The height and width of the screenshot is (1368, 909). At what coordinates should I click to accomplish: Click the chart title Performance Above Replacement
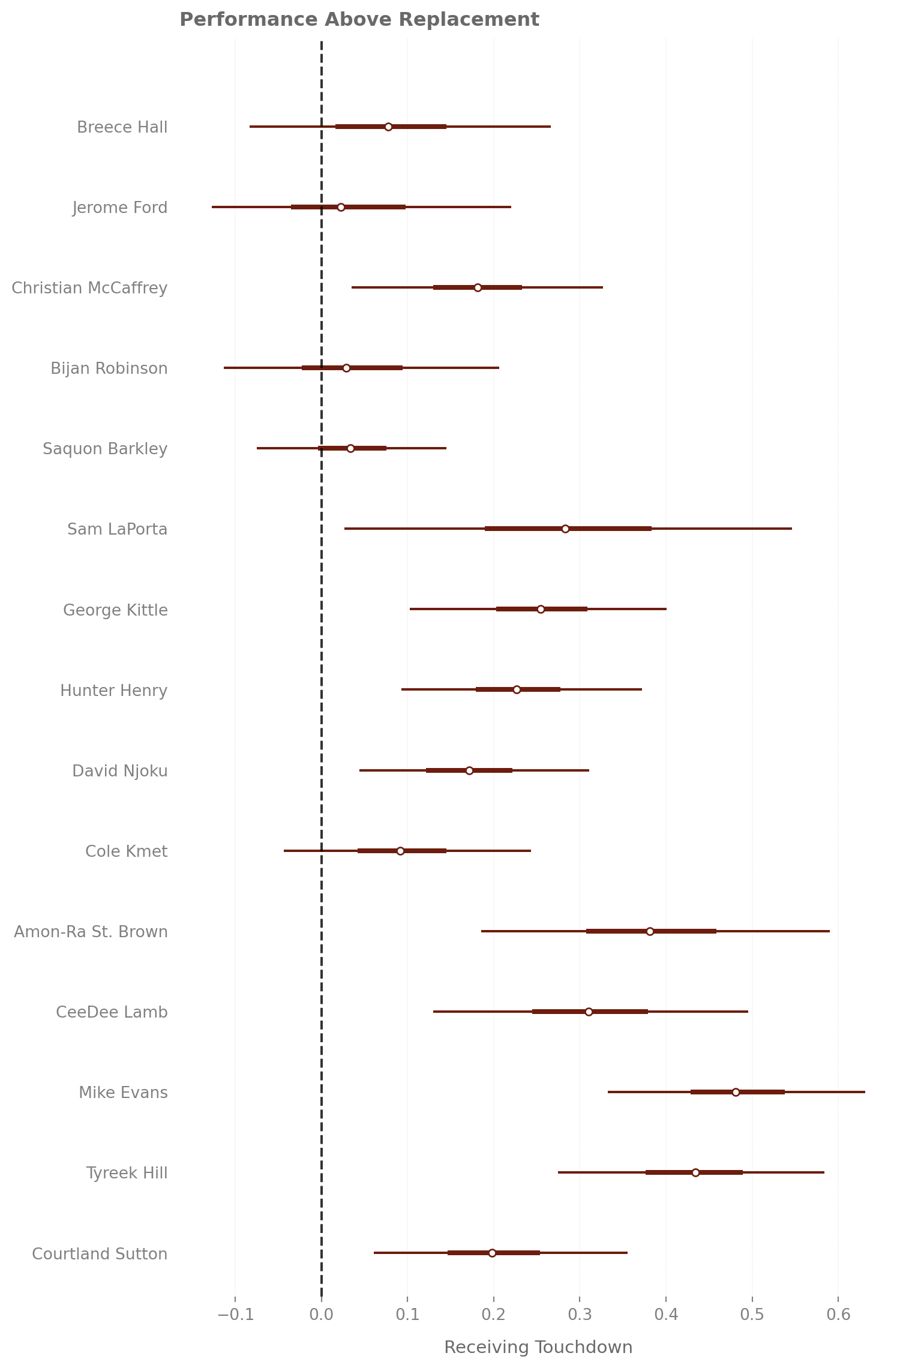[359, 20]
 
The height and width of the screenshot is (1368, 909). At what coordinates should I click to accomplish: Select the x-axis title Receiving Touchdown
[538, 1347]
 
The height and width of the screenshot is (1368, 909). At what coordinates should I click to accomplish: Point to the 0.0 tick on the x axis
[322, 1315]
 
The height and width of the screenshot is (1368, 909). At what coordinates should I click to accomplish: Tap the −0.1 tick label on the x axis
[235, 1315]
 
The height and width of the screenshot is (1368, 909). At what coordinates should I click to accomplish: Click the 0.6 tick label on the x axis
[838, 1315]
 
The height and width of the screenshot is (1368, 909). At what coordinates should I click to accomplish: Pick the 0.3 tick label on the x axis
[580, 1315]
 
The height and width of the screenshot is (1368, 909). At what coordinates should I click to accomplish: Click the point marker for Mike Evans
[736, 1092]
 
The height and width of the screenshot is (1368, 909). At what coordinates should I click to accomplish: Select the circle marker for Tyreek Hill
[695, 1172]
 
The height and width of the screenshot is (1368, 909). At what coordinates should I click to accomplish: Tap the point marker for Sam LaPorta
[565, 529]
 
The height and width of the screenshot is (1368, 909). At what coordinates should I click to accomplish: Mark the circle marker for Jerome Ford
[341, 207]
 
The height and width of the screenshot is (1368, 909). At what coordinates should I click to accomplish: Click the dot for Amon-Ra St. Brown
[650, 931]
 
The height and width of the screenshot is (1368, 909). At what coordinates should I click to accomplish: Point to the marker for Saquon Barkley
[350, 448]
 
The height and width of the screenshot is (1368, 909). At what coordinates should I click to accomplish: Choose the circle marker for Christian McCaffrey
[478, 287]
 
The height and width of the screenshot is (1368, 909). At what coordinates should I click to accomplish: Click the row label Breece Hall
[122, 127]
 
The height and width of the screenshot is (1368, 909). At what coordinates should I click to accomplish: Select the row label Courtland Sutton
[100, 1254]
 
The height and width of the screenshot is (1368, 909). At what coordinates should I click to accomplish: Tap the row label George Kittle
[115, 610]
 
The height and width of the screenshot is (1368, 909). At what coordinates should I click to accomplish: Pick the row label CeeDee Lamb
[112, 1012]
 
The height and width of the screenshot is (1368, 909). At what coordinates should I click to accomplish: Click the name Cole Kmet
[126, 851]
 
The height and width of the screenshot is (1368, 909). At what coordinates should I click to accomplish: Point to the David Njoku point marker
[469, 770]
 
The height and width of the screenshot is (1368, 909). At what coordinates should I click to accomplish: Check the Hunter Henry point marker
[517, 689]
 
